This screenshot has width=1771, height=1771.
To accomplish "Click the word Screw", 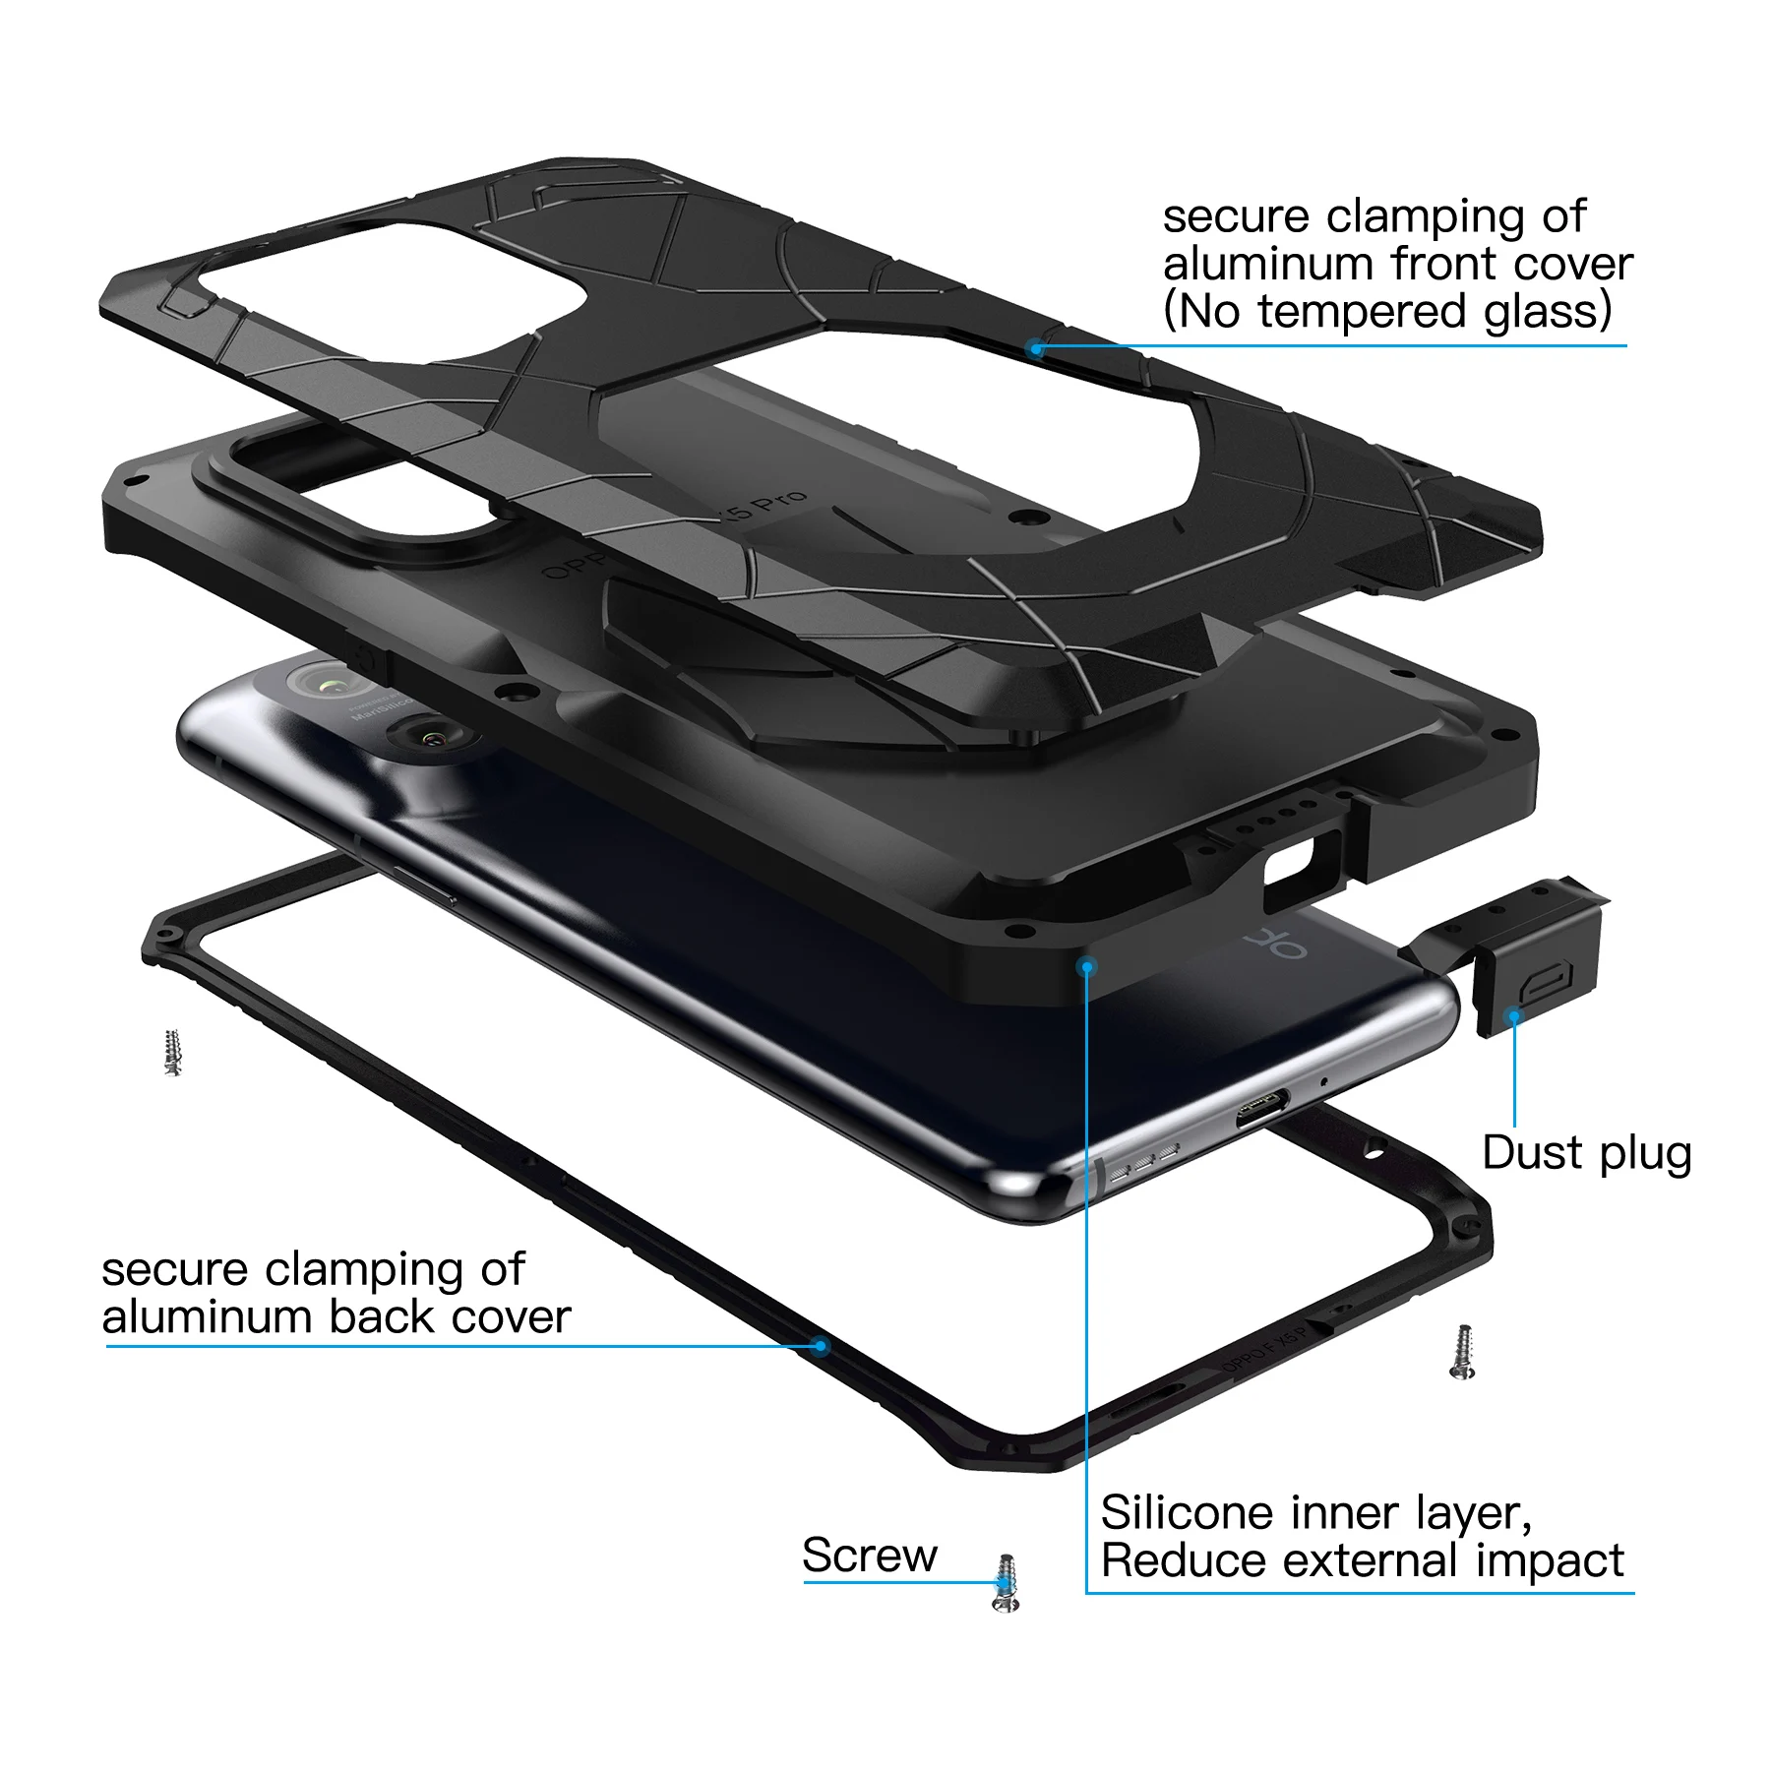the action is click(869, 1556).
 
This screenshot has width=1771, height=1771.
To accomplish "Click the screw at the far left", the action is click(173, 1053).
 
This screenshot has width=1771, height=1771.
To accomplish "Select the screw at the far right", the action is click(1463, 1352).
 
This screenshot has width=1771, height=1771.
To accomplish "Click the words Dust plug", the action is click(1586, 1153).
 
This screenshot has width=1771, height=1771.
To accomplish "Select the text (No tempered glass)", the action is click(1387, 312).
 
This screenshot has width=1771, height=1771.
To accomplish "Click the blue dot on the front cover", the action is click(1036, 348).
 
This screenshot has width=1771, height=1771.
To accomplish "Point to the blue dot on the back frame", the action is click(821, 1345).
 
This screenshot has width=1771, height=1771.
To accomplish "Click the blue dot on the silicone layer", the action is click(1086, 967).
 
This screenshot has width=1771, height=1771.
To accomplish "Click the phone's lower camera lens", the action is click(429, 735).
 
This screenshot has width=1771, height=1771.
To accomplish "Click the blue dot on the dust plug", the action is click(1514, 1014).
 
